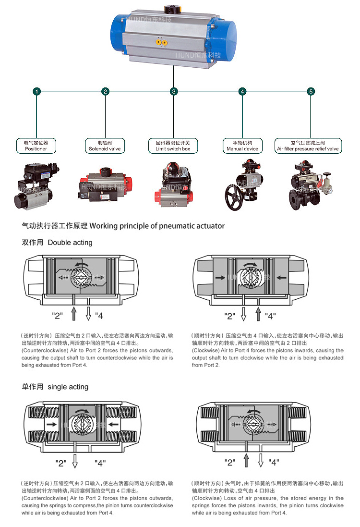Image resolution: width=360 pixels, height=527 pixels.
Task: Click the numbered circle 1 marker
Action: (x=36, y=91)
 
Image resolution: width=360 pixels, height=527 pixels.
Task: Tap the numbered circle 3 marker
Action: (x=174, y=91)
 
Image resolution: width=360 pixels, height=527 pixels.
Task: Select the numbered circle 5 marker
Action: (x=311, y=91)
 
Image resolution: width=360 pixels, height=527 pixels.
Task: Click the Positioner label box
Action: (x=36, y=146)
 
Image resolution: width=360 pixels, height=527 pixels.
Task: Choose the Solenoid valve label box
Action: (x=105, y=146)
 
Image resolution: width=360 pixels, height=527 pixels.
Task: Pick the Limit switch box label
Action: (x=173, y=146)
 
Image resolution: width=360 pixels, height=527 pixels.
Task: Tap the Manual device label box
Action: (x=242, y=146)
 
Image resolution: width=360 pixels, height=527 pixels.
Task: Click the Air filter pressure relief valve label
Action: (x=308, y=146)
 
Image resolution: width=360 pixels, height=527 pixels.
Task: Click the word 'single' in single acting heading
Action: (x=58, y=387)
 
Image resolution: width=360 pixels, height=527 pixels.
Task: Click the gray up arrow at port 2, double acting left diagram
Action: (x=74, y=314)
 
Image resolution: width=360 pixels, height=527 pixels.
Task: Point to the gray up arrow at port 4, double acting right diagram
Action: (x=258, y=314)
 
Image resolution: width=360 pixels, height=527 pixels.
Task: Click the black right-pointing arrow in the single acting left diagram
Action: (x=50, y=424)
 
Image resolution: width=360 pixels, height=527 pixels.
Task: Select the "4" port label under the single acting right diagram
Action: (x=273, y=462)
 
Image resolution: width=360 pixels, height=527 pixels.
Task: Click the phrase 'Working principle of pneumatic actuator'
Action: (x=157, y=226)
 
